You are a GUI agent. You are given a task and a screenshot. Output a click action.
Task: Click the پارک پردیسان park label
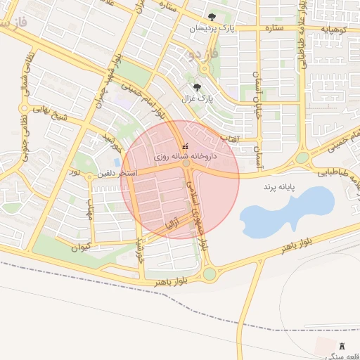(212, 27)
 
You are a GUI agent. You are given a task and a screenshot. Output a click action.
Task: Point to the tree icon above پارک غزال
(198, 88)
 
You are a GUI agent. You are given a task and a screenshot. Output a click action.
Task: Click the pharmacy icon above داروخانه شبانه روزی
(185, 146)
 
